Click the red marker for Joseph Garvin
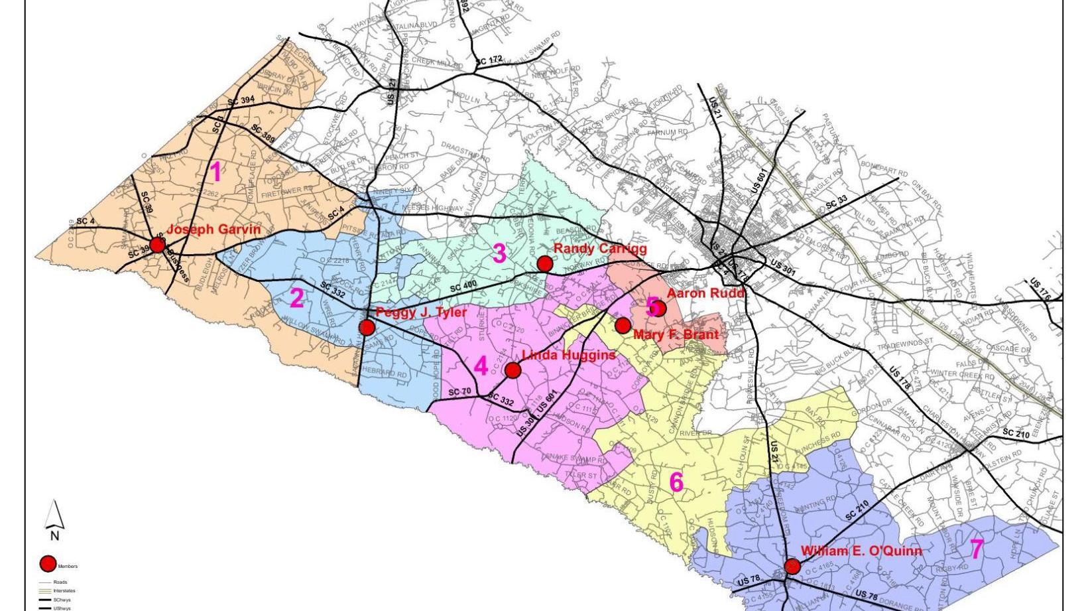click(157, 245)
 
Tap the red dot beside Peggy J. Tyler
click(367, 327)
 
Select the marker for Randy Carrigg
click(544, 264)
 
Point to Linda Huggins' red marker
click(513, 370)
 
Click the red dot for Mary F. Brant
click(623, 326)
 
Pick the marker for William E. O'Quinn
click(792, 567)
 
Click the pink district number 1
click(215, 172)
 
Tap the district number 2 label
click(296, 299)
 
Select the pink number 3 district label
click(499, 253)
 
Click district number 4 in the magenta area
click(481, 366)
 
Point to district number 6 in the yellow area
click(676, 482)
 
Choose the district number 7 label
click(977, 549)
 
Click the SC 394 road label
click(241, 102)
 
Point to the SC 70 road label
click(459, 392)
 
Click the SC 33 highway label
click(836, 203)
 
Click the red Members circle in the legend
click(48, 564)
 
